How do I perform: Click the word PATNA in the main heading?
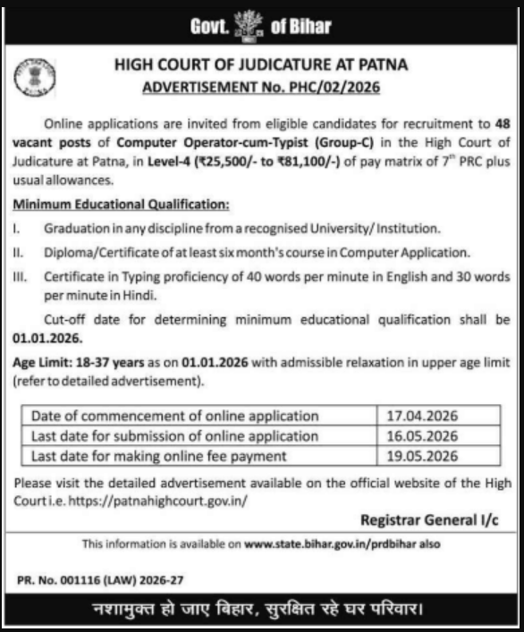pos(382,66)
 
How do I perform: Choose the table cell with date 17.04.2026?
pos(420,416)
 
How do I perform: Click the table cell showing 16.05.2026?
pos(420,436)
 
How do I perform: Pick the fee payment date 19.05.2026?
pos(420,456)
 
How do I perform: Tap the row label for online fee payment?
pos(158,456)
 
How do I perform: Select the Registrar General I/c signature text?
pos(428,521)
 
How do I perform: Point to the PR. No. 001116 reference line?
pos(99,580)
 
